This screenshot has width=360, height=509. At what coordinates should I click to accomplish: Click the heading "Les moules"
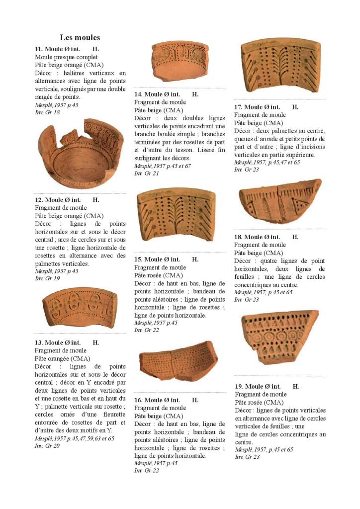click(x=80, y=37)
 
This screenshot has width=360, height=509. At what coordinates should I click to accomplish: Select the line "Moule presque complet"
click(x=66, y=57)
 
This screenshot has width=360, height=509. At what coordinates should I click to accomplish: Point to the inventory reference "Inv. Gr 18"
click(x=47, y=112)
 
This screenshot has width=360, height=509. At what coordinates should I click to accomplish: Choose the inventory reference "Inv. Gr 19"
click(x=47, y=279)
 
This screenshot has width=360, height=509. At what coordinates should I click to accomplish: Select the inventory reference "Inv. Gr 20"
click(x=47, y=446)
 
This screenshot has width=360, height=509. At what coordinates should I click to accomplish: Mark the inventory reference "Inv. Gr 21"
click(x=147, y=173)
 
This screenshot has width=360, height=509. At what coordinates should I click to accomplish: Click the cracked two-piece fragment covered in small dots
click(x=176, y=360)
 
